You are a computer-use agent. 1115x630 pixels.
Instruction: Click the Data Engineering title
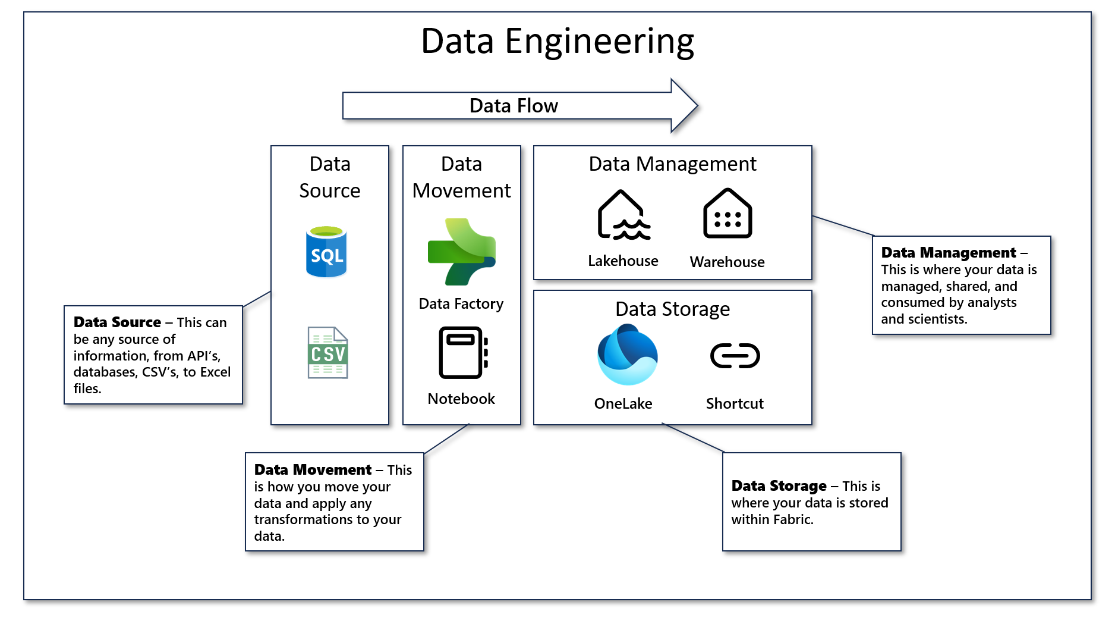tap(557, 42)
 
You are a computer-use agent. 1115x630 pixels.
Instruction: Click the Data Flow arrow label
tap(514, 106)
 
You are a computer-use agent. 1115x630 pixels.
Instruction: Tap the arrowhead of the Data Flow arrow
tap(685, 106)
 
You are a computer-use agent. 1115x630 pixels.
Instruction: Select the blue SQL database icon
tap(326, 252)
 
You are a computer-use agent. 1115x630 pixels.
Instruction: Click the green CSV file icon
tap(327, 353)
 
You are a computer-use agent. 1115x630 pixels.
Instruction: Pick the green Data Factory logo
tap(462, 252)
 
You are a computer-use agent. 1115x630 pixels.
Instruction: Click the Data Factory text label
tap(461, 304)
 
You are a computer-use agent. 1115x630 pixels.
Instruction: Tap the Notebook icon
tap(463, 353)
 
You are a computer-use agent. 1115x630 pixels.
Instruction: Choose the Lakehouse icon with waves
tap(623, 215)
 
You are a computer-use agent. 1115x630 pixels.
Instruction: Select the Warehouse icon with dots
tap(727, 214)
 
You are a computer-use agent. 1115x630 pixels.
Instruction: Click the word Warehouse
tap(727, 262)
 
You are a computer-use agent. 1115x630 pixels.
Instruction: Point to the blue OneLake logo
tap(627, 355)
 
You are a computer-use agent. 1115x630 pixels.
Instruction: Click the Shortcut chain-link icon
tap(735, 356)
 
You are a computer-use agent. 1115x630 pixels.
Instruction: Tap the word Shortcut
tap(735, 404)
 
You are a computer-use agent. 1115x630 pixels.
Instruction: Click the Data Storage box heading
tap(672, 309)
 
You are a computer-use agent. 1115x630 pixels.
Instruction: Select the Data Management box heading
tap(672, 164)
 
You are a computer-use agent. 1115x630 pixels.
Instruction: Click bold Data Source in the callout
tap(117, 322)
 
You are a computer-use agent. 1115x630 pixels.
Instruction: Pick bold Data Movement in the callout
tap(313, 470)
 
